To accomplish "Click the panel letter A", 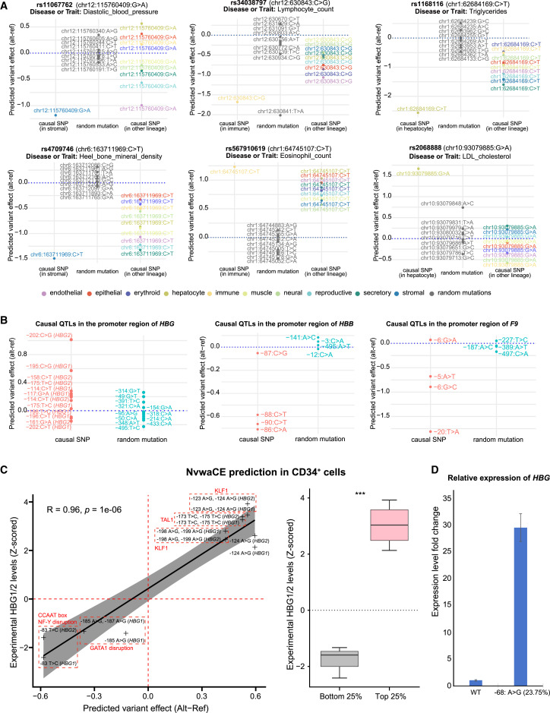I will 6,6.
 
